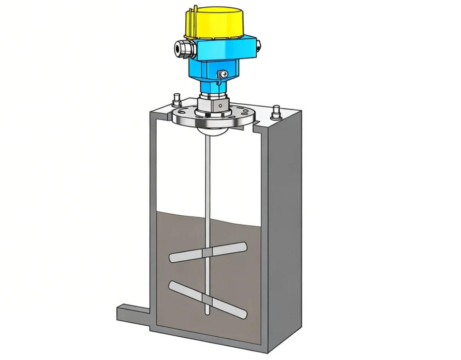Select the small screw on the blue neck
(x=223, y=74)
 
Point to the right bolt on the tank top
(x=276, y=112)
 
